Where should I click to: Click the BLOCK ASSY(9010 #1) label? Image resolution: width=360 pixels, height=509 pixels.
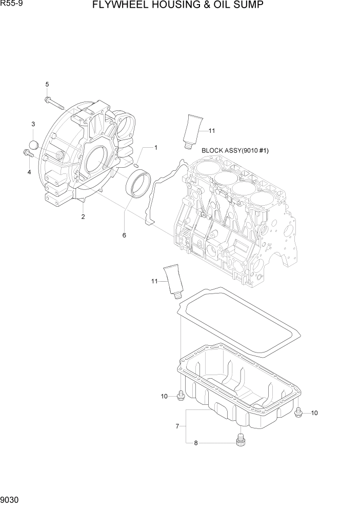(x=235, y=150)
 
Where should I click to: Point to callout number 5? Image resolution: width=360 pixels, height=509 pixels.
(x=47, y=84)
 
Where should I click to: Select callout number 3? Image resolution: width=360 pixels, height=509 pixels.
(x=33, y=124)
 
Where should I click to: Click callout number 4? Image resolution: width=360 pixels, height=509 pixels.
(x=29, y=172)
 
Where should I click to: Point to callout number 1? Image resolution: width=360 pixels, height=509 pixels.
(x=155, y=148)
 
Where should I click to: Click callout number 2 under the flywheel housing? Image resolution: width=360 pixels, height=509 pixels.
(x=83, y=217)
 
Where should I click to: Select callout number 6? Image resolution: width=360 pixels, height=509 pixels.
(x=124, y=235)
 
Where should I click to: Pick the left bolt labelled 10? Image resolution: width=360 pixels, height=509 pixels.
(x=180, y=396)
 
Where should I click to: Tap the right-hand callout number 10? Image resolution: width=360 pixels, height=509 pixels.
(x=314, y=413)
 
